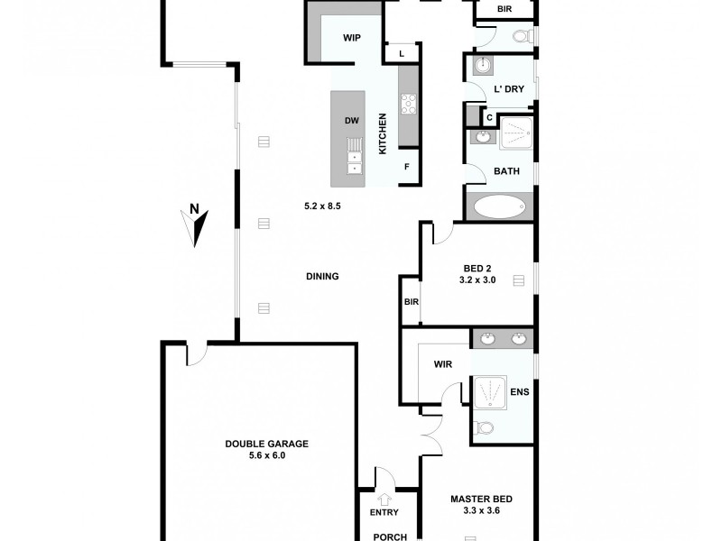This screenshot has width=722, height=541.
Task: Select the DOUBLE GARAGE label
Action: (267, 444)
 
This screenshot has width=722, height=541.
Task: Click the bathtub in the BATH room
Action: (499, 206)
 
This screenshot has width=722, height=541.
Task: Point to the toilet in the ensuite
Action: (485, 428)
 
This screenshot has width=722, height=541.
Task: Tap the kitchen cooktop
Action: (408, 104)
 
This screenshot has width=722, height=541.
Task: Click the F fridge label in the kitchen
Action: (407, 167)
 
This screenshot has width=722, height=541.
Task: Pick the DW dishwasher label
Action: (352, 121)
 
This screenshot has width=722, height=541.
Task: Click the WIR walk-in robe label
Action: (442, 365)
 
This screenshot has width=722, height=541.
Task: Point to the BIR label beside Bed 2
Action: (412, 302)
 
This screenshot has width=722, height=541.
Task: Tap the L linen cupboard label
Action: (403, 54)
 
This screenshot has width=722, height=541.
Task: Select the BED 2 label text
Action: (477, 268)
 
